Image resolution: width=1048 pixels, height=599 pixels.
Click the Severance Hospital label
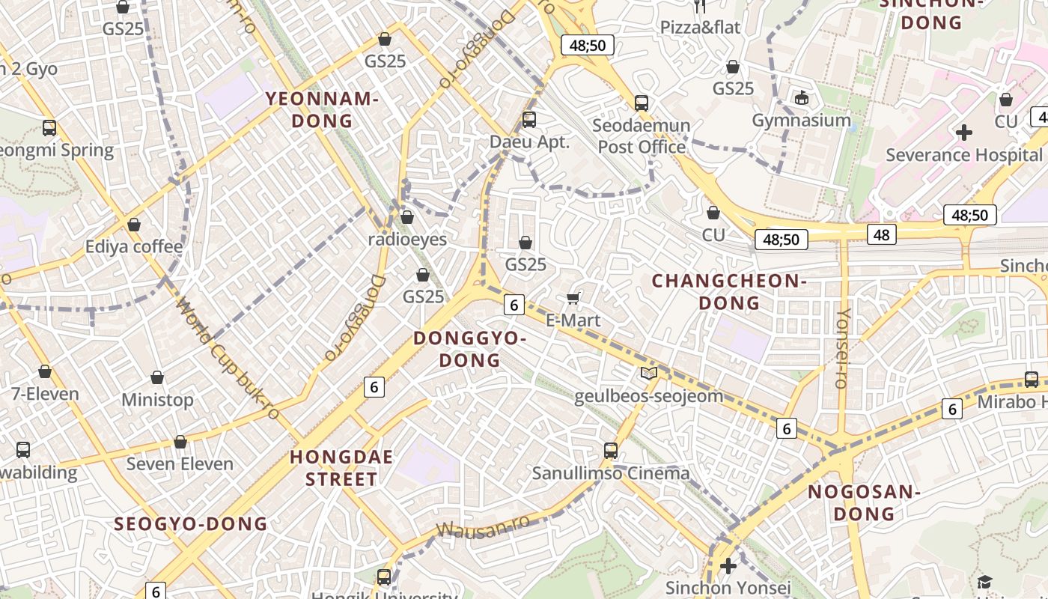pyautogui.click(x=963, y=155)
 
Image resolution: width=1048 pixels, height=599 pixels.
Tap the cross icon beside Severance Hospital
pyautogui.click(x=964, y=133)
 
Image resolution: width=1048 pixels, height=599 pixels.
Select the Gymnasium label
pyautogui.click(x=801, y=120)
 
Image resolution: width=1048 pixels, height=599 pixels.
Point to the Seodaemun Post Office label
pyautogui.click(x=642, y=136)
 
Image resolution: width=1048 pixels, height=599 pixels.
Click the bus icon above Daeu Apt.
pyautogui.click(x=529, y=119)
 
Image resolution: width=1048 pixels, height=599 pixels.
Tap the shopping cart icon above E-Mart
pyautogui.click(x=573, y=299)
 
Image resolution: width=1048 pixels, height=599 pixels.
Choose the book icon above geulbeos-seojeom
pyautogui.click(x=649, y=373)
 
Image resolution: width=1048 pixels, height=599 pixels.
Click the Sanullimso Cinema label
pyautogui.click(x=610, y=473)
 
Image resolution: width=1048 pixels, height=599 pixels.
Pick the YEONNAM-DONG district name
pyautogui.click(x=322, y=109)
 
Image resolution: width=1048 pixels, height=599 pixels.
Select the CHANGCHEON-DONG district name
pyautogui.click(x=729, y=292)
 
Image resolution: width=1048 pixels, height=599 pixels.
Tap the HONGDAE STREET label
pyautogui.click(x=341, y=468)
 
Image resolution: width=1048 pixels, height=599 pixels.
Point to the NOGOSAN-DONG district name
pyautogui.click(x=864, y=502)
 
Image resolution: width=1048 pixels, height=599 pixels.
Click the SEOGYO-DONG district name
pyautogui.click(x=191, y=523)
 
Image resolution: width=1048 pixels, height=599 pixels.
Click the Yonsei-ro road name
pyautogui.click(x=842, y=348)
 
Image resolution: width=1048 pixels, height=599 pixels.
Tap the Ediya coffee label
pyautogui.click(x=134, y=246)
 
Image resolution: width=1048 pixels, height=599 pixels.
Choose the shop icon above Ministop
pyautogui.click(x=157, y=377)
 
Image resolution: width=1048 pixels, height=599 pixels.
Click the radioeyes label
pyautogui.click(x=407, y=240)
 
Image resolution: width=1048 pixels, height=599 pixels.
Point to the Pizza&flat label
pyautogui.click(x=700, y=28)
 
